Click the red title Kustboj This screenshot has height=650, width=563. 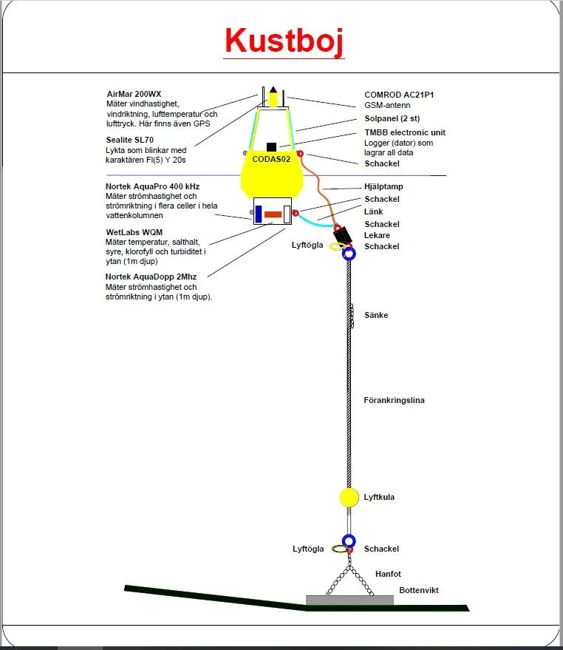pos(284,41)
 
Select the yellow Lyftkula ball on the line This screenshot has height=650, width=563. pos(349,498)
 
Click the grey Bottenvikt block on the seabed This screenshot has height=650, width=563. pos(349,600)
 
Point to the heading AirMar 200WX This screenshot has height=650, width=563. pos(134,95)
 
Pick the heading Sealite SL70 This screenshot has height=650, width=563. pos(132,139)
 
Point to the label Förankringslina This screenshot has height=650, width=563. pos(394,401)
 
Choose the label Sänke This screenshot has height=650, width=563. pos(376,316)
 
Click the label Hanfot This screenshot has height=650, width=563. pos(388,574)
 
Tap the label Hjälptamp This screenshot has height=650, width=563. pos(383,187)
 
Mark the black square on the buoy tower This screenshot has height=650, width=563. pos(272,146)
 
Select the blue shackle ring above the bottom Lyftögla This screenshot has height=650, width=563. pos(349,541)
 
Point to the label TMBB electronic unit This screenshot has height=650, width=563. pos(404,132)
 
